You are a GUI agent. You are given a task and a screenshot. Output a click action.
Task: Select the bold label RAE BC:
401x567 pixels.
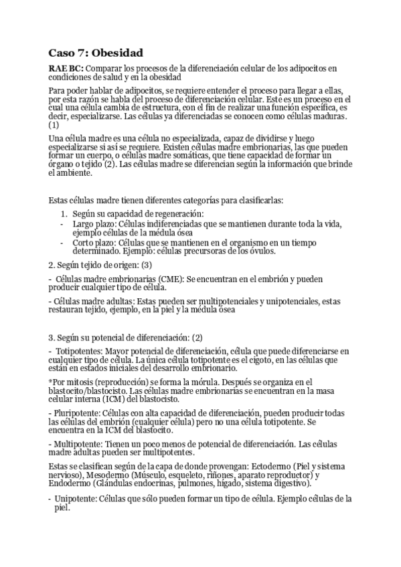[x=66, y=68]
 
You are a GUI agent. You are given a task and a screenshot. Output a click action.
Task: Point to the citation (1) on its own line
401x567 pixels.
[x=54, y=124]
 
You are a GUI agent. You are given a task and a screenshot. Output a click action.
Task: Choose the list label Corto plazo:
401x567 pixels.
[x=96, y=242]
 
